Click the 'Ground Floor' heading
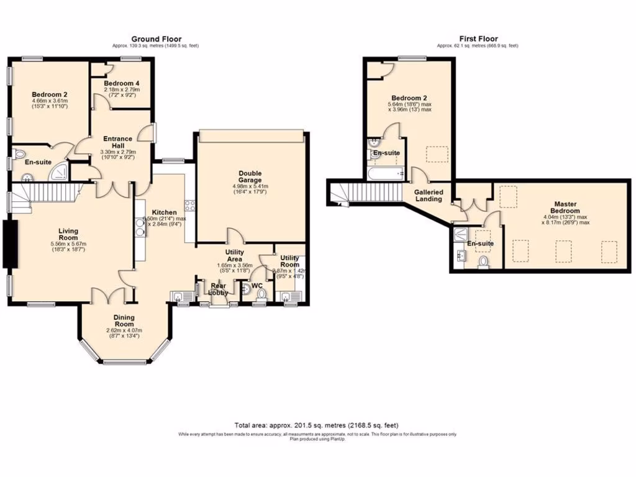pyautogui.click(x=156, y=39)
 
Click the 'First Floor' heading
pyautogui.click(x=478, y=39)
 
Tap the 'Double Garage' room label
pyautogui.click(x=250, y=177)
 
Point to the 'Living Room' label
pyautogui.click(x=68, y=234)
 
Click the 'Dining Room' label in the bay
pyautogui.click(x=124, y=320)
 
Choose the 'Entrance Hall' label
pyautogui.click(x=117, y=142)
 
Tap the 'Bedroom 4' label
pyautogui.click(x=122, y=83)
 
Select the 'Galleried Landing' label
pyautogui.click(x=429, y=196)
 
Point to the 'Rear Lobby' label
pyautogui.click(x=218, y=289)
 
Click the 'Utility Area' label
pyautogui.click(x=238, y=255)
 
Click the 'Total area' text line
pyautogui.click(x=317, y=424)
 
